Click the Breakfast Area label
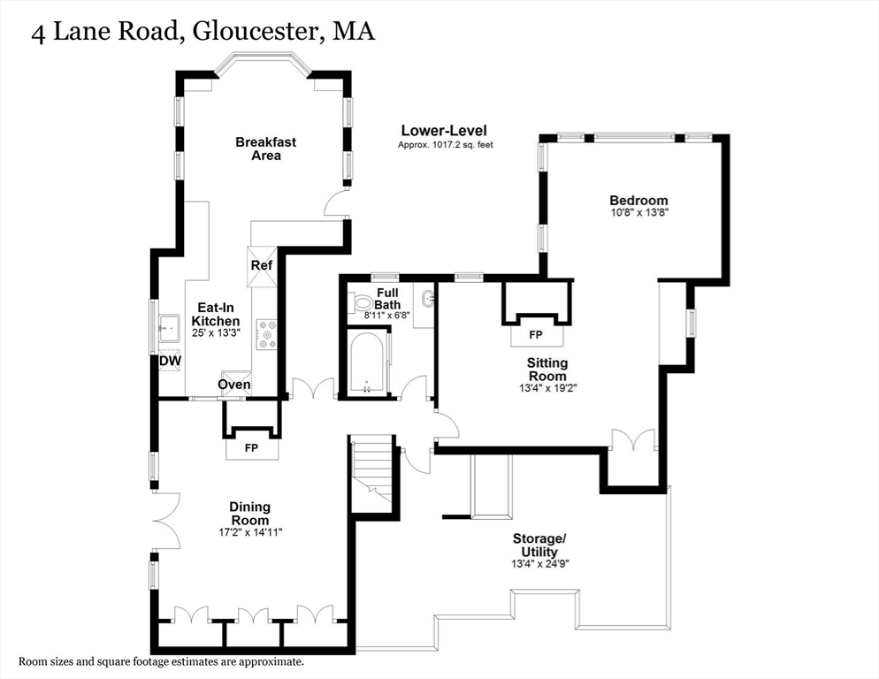pos(265,149)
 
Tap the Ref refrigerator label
pos(261,265)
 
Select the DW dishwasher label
pos(170,361)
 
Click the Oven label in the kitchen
pos(234,385)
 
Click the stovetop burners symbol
pos(266,334)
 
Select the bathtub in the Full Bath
pos(366,361)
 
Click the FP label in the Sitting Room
pos(535,336)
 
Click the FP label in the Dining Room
pos(251,448)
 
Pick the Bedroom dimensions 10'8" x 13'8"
pos(638,213)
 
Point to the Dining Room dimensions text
pos(249,532)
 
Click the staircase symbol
pos(371,470)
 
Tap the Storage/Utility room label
pos(539,545)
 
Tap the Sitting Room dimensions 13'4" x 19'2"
pos(547,387)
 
